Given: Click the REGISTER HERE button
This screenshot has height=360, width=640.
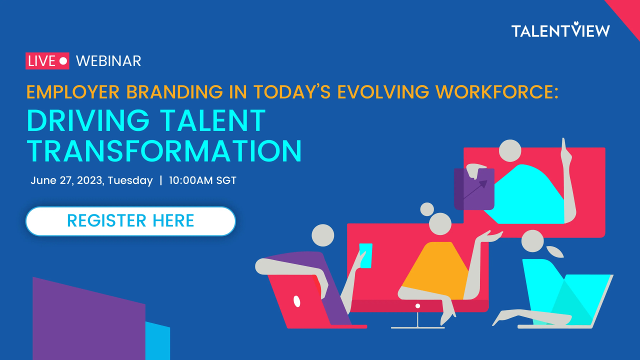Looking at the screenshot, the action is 130,221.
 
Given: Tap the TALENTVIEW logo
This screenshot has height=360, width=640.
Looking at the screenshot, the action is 560,29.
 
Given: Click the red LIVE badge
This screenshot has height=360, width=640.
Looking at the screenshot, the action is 47,61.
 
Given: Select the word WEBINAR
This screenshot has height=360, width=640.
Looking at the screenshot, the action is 108,61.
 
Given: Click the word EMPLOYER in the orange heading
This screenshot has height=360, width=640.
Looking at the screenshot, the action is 73,92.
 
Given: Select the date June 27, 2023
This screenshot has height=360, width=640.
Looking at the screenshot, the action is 66,180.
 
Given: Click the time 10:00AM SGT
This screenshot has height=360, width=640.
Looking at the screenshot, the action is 202,180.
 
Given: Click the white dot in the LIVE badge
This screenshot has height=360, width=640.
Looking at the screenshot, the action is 63,61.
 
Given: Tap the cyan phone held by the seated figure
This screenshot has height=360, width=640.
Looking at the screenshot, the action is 365,255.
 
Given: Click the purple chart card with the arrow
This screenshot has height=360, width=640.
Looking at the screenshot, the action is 474,189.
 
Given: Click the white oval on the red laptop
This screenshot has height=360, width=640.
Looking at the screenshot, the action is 297,301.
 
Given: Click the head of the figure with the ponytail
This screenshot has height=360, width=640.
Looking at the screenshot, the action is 532,241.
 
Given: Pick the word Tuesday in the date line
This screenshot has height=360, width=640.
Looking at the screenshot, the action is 130,181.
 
